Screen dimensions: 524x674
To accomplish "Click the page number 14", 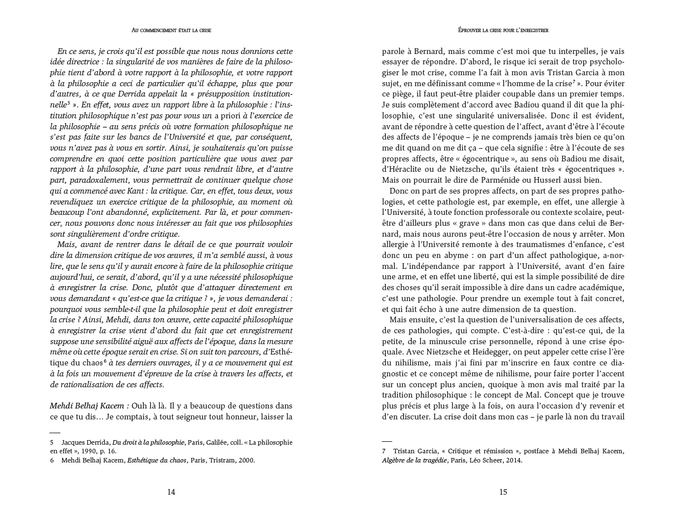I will tap(171, 492).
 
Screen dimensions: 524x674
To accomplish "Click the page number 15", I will tap(503, 492).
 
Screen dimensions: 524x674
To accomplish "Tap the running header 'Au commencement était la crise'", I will tap(171, 30).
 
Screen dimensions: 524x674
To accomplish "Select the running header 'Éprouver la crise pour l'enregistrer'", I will tap(503, 30).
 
